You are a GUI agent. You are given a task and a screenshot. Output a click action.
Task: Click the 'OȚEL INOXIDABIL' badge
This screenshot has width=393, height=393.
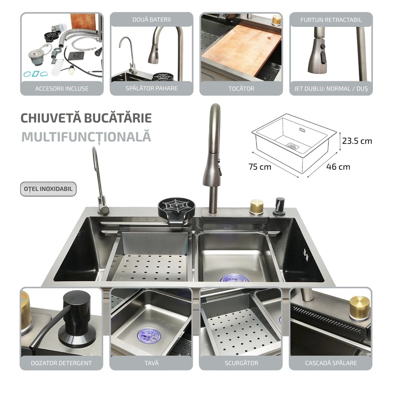tap(48, 189)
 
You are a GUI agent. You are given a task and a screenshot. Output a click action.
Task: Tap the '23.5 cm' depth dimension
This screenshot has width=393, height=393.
tap(357, 141)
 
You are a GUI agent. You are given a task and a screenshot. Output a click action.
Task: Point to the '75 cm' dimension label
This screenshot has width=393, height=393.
tap(260, 167)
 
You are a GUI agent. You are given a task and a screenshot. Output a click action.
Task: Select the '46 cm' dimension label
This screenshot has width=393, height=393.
tap(338, 167)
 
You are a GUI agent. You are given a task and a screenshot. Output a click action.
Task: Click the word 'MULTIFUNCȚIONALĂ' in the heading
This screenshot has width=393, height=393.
tap(86, 137)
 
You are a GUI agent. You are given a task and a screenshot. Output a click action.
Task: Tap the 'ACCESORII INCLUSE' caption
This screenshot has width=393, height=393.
tap(62, 89)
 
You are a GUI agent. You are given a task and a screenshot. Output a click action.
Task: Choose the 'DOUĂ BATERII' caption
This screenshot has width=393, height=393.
tap(151, 19)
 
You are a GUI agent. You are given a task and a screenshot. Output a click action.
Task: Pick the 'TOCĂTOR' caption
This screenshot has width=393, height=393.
tap(241, 89)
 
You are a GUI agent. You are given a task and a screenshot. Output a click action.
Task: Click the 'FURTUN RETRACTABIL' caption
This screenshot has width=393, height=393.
tap(331, 20)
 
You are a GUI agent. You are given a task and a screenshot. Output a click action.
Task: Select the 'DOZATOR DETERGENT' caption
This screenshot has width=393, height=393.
tap(61, 363)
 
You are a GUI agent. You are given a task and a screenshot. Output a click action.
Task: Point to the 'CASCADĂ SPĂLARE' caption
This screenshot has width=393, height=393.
tap(331, 363)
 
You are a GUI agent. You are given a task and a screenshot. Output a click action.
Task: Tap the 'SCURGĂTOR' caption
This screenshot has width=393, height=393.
tap(241, 363)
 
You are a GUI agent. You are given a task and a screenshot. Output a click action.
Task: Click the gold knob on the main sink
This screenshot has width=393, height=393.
tap(256, 207)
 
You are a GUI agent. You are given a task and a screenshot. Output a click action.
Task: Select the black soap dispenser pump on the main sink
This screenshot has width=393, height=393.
tap(279, 206)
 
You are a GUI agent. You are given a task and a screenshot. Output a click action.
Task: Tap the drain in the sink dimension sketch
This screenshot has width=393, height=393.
tap(292, 146)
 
